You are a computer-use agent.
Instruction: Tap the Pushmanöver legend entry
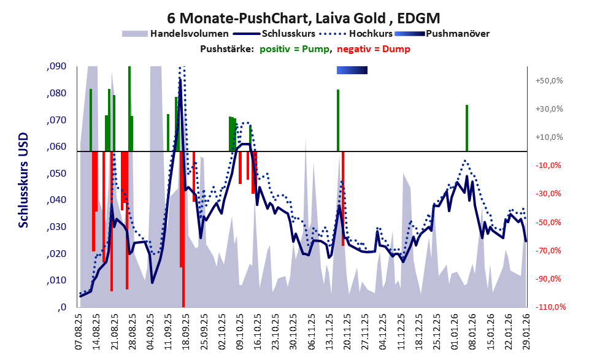pos(457,33)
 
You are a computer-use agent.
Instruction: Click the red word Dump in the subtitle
pos(398,49)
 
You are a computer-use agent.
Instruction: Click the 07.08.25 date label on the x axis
pos(79,331)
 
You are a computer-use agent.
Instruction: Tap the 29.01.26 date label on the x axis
pos(526,331)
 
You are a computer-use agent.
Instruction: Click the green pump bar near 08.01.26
pos(467,128)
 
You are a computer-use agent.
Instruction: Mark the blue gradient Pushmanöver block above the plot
pos(352,71)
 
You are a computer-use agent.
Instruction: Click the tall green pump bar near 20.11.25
pos(338,120)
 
